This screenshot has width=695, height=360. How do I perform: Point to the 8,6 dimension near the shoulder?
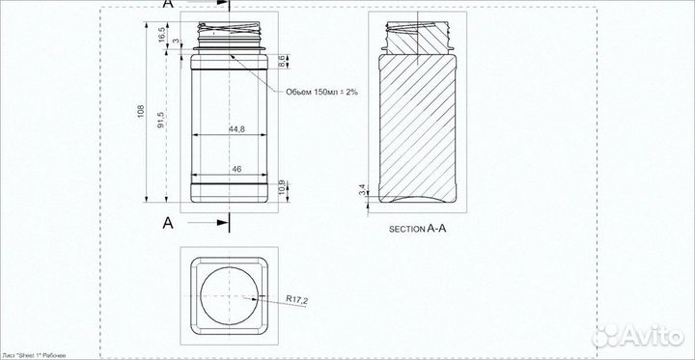[x=281, y=61]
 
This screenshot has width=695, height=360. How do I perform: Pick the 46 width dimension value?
[x=236, y=169]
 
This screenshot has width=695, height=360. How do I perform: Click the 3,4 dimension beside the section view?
[x=362, y=191]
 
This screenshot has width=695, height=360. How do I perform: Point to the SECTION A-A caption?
[x=418, y=230]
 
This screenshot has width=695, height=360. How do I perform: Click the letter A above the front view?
[x=168, y=6]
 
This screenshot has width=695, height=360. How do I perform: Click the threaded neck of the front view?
[x=229, y=35]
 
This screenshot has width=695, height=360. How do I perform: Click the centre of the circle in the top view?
[x=229, y=296]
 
